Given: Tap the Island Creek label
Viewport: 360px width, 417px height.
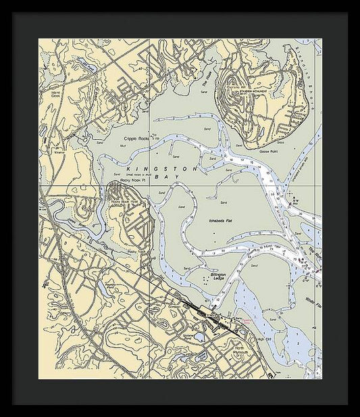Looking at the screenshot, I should tap(56, 93).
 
